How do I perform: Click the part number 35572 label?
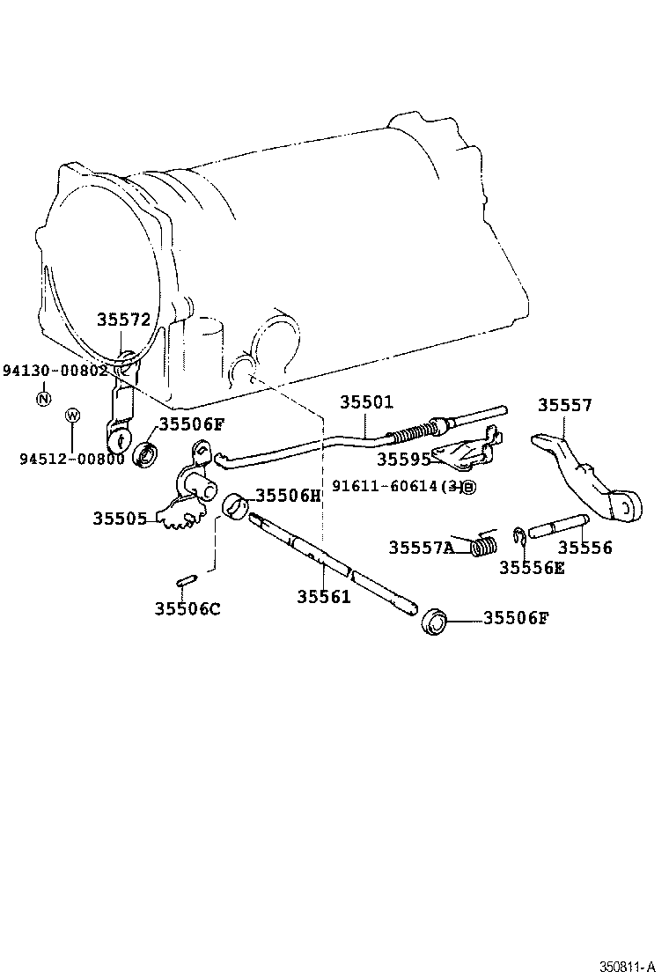pyautogui.click(x=124, y=320)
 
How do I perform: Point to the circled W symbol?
pyautogui.click(x=72, y=415)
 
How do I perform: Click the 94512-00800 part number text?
pyautogui.click(x=72, y=458)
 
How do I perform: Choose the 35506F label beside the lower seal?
pyautogui.click(x=516, y=618)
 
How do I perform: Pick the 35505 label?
pyautogui.click(x=121, y=519)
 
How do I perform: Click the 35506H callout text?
pyautogui.click(x=289, y=495)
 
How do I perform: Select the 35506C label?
pyautogui.click(x=187, y=607)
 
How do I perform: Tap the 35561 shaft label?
pyautogui.click(x=323, y=596)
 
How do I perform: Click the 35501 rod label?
pyautogui.click(x=367, y=402)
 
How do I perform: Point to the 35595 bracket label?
pyautogui.click(x=404, y=459)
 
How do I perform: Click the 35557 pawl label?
pyautogui.click(x=565, y=405)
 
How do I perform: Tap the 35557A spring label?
pyautogui.click(x=422, y=548)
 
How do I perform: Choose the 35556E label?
pyautogui.click(x=532, y=567)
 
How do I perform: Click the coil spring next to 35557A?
pyautogui.click(x=482, y=546)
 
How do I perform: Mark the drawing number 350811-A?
pyautogui.click(x=629, y=966)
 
